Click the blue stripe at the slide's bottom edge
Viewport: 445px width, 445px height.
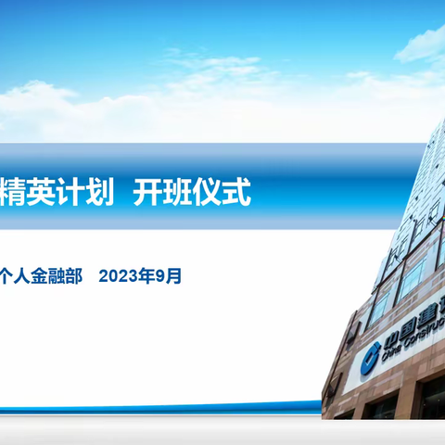185,405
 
